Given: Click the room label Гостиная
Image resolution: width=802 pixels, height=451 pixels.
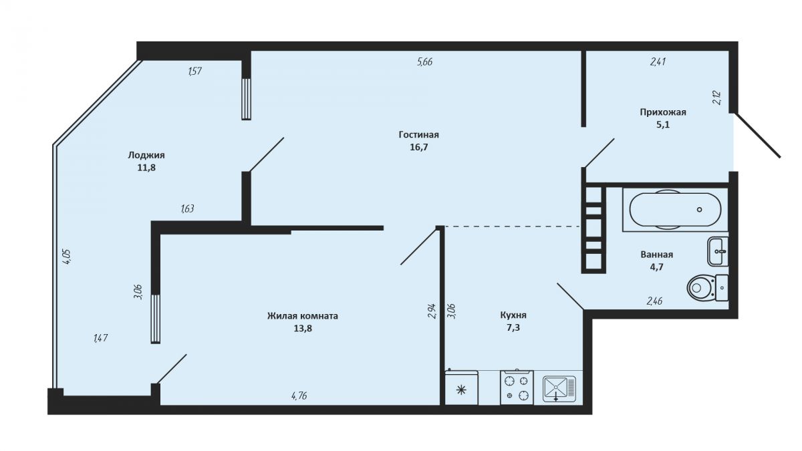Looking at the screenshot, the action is pos(418,134).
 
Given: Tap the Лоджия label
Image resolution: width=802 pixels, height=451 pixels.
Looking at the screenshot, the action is pos(146,155).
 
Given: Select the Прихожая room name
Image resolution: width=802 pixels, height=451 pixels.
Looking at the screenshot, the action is pos(663,112).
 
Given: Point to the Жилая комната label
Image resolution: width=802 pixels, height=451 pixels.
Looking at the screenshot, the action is pos(303,316).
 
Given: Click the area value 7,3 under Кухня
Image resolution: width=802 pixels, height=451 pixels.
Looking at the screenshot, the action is pos(513,327).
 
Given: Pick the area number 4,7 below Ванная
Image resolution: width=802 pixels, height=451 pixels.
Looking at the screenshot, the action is pos(656,267).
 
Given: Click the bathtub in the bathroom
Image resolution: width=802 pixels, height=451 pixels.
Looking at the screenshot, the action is pos(675,210).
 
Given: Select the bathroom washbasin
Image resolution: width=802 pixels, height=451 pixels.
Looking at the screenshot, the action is pos(718,251).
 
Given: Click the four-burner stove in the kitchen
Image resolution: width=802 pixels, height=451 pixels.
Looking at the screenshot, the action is pos(517,388).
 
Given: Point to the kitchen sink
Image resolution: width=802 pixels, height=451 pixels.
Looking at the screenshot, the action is pos(559,389).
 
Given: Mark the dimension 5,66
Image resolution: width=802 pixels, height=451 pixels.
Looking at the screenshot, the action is pos(424,62).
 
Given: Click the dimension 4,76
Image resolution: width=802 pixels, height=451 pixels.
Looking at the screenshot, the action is pos(299,396).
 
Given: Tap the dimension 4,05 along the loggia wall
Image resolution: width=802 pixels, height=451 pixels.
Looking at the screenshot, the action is pos(67,257).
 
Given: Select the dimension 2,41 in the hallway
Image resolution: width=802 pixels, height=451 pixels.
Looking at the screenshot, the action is pos(658,62).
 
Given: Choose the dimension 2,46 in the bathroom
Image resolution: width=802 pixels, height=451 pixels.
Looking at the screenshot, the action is pos(654,301).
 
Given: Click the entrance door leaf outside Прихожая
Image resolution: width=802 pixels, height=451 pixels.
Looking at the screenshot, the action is pos(757,135).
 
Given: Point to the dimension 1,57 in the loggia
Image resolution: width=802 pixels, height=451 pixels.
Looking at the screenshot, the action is pos(194,71).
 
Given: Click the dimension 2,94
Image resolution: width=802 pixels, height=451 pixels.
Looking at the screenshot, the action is pos(432,311).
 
